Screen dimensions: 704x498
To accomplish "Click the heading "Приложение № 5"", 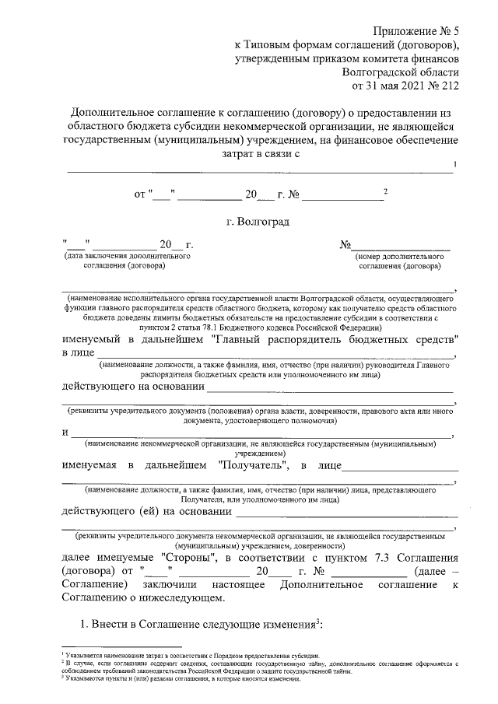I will pyautogui.click(x=417, y=32).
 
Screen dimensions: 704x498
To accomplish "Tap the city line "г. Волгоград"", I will pyautogui.click(x=258, y=222).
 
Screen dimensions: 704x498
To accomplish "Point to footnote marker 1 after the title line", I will pyautogui.click(x=454, y=163).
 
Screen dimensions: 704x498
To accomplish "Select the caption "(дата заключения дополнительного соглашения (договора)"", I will pyautogui.click(x=128, y=261).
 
